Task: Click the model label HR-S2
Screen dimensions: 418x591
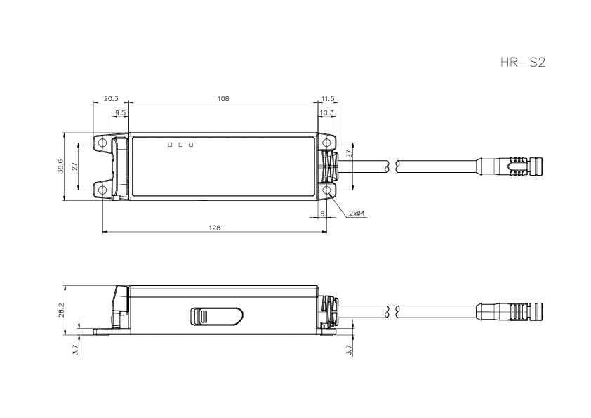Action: (522, 63)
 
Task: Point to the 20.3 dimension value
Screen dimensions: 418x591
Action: (111, 99)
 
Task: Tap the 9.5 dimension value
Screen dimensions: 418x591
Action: (120, 112)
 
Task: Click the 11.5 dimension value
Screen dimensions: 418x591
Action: (327, 99)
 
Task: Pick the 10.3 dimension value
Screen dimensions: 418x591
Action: (326, 112)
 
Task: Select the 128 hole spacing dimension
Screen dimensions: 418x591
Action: (215, 228)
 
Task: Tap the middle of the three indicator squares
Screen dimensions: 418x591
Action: (180, 145)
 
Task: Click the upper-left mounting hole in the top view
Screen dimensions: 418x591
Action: (102, 143)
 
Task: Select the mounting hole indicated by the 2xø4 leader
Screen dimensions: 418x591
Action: (327, 190)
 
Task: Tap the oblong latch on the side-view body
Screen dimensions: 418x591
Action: (215, 317)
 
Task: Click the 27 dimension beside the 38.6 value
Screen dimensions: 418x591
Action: (75, 166)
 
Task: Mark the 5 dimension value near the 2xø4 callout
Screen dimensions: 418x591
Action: (321, 212)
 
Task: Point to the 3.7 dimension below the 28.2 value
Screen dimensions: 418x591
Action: (75, 347)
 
